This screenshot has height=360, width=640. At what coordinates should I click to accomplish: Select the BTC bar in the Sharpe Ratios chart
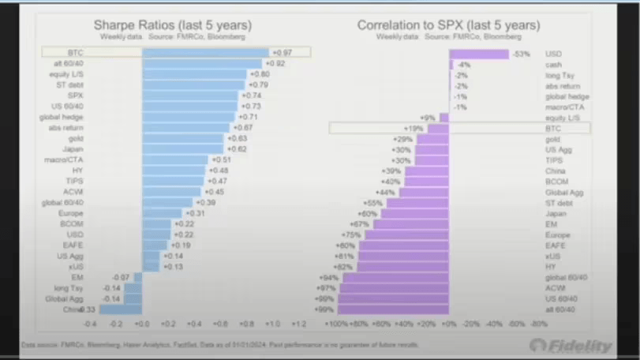[205, 51]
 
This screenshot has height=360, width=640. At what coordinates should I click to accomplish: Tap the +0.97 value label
[281, 51]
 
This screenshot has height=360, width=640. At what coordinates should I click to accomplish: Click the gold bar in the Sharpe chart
[183, 137]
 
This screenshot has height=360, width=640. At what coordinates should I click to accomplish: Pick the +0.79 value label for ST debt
[259, 84]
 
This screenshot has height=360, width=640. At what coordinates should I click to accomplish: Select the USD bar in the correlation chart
[479, 54]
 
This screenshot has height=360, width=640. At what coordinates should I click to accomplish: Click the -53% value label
[520, 54]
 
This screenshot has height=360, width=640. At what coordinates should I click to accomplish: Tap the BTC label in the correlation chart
[552, 127]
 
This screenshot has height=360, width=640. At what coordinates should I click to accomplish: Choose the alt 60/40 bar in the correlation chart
[395, 309]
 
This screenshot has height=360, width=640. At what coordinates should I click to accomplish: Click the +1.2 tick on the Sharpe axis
[298, 324]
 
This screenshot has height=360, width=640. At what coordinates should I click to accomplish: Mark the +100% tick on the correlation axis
[337, 324]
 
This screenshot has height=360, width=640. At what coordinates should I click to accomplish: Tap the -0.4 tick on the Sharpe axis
[90, 324]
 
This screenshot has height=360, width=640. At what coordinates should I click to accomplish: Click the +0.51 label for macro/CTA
[219, 159]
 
